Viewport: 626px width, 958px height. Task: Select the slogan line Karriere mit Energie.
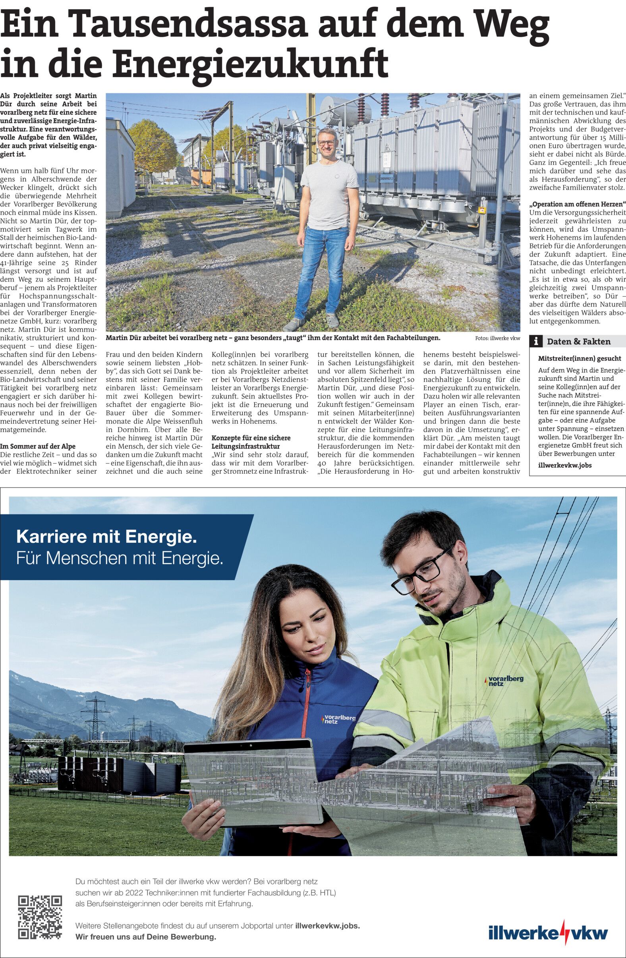tap(106, 537)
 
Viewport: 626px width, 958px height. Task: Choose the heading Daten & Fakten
tap(578, 342)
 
